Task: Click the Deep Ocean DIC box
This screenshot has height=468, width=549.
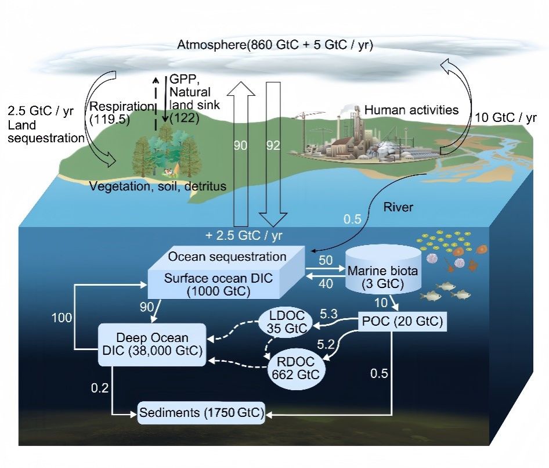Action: tap(153, 344)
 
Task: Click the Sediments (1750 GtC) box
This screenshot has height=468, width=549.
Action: tap(202, 414)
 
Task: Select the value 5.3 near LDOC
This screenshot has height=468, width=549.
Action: tap(328, 314)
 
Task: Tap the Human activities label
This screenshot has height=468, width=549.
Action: tap(411, 110)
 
